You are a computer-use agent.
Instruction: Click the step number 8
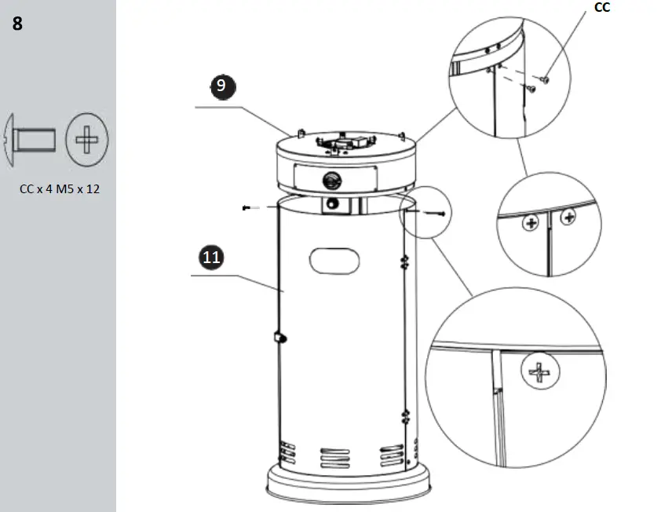tap(17, 24)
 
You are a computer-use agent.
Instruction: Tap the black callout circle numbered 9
tap(222, 86)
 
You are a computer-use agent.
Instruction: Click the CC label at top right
tap(602, 8)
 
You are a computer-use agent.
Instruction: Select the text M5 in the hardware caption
tap(66, 188)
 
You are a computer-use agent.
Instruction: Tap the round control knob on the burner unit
tap(330, 180)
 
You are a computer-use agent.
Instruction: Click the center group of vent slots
tap(336, 457)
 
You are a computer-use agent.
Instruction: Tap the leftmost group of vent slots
tap(288, 454)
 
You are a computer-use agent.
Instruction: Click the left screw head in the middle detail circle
tap(532, 225)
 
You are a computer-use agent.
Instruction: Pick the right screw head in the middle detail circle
tap(568, 217)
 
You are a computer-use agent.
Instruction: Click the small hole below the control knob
tap(334, 204)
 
